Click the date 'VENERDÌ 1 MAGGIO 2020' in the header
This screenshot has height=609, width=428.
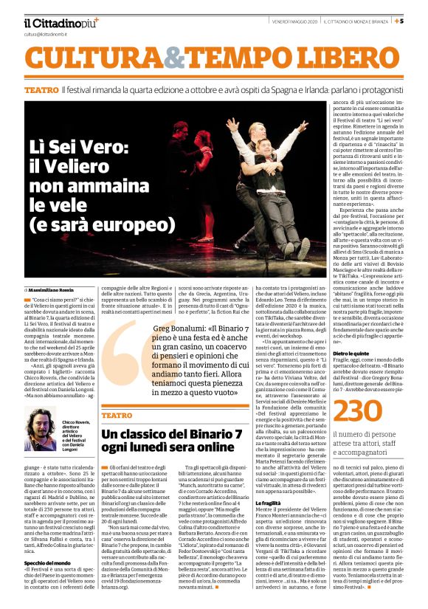click(291, 21)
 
